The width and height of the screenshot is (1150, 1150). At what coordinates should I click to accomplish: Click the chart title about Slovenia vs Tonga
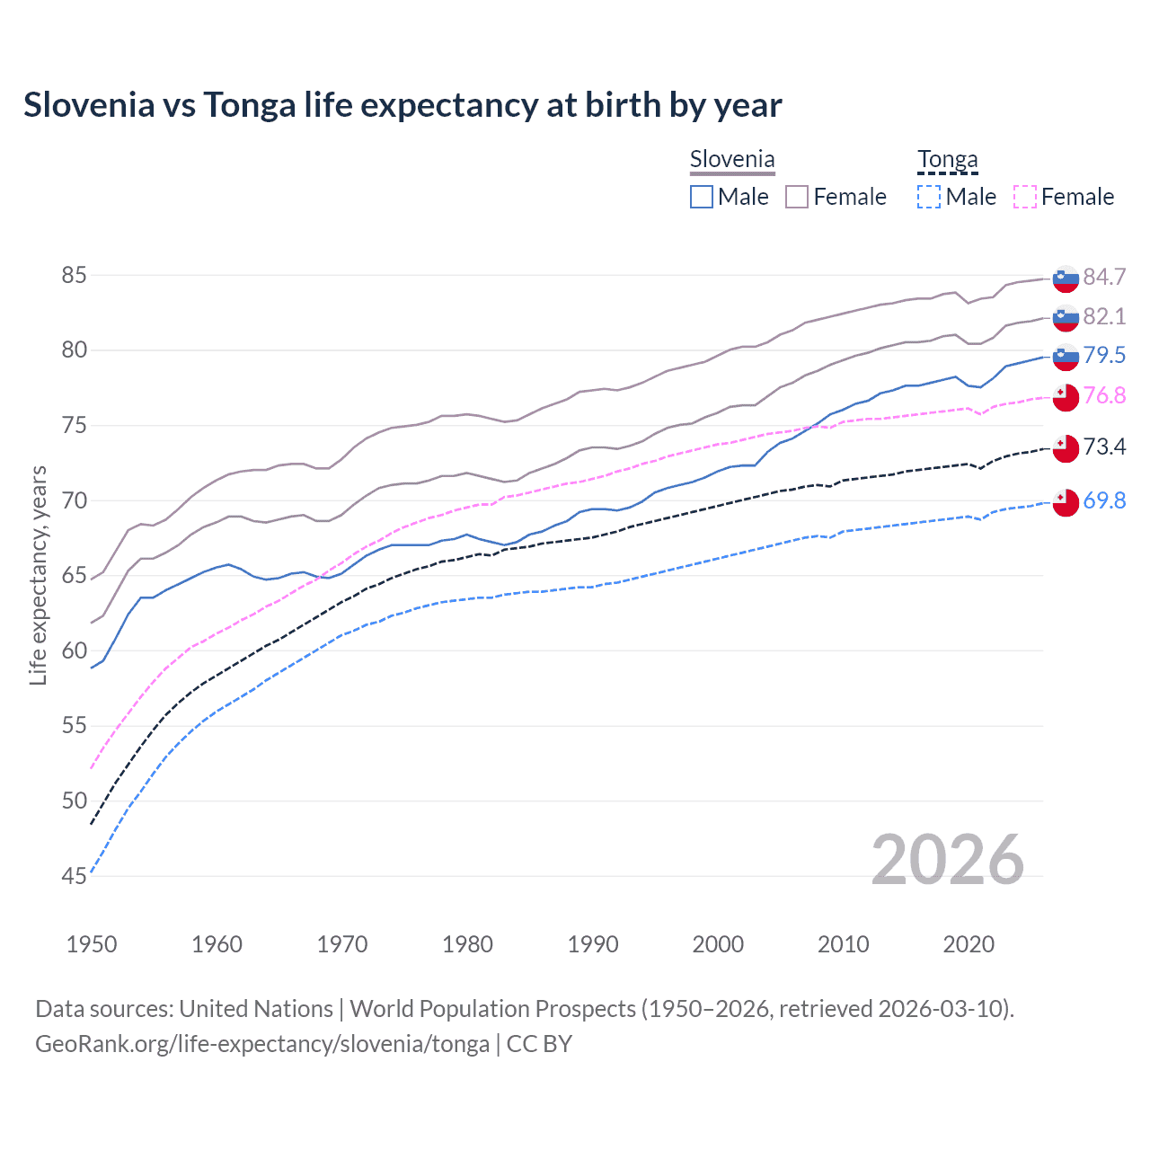point(402,105)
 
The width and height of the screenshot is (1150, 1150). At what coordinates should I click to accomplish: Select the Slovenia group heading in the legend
point(731,160)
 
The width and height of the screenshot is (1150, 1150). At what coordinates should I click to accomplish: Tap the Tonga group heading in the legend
point(947,160)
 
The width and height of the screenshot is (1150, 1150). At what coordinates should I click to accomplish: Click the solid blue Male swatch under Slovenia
point(702,197)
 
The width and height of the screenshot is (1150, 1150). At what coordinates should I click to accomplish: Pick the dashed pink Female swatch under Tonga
point(1025,197)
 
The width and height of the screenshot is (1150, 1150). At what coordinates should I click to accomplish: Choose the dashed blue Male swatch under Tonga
point(929,197)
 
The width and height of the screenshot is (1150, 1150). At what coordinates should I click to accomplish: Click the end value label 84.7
point(1104,277)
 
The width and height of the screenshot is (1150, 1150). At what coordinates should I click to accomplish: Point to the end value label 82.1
point(1104,316)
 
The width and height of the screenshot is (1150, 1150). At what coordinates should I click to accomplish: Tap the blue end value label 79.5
point(1104,355)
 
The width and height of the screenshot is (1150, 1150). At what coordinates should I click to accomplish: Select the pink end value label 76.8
point(1104,395)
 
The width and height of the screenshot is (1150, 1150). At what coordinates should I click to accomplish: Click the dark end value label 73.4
point(1104,447)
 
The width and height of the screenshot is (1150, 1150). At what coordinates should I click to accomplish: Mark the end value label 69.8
point(1104,500)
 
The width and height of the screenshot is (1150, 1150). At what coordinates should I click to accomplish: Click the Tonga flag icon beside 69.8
point(1066,502)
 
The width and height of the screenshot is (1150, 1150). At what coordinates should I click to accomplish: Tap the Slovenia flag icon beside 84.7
point(1066,279)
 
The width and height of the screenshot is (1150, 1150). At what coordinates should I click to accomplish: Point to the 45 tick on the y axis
point(74,876)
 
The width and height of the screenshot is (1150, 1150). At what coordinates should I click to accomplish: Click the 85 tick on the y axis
point(74,275)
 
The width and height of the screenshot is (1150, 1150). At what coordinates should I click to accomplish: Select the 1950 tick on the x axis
point(92,944)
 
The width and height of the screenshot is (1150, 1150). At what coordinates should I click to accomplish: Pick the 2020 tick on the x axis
point(969,944)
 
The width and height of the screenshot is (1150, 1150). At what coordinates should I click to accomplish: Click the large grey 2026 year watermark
point(947,860)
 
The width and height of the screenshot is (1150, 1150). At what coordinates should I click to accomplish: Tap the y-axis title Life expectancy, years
point(38,575)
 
